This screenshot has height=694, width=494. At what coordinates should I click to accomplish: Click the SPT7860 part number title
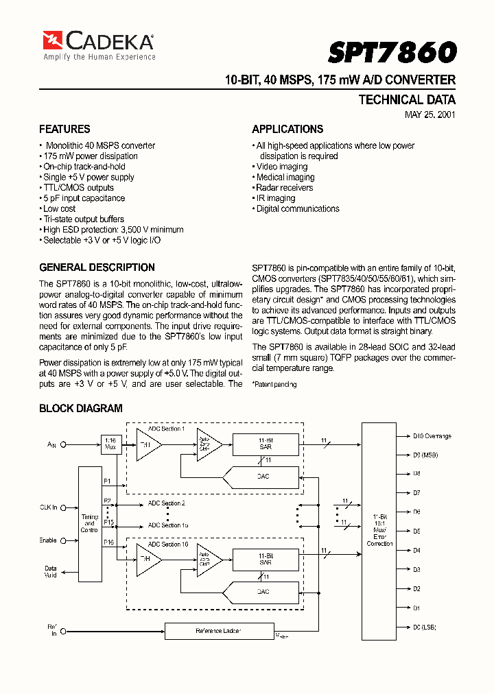[392, 52]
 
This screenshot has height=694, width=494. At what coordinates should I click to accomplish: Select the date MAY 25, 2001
[430, 115]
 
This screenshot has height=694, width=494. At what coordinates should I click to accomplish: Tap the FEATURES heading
[64, 129]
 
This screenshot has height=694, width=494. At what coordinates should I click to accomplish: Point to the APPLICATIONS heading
[287, 129]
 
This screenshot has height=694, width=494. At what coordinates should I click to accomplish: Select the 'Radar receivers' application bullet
[284, 187]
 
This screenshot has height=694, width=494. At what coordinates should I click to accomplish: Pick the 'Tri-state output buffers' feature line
[83, 219]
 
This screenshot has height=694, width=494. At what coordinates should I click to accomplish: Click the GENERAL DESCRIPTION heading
[97, 267]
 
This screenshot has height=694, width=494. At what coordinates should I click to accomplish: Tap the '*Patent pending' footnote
[274, 385]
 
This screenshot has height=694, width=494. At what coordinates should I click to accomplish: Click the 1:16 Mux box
[110, 444]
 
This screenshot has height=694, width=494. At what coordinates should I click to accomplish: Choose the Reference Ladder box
[218, 630]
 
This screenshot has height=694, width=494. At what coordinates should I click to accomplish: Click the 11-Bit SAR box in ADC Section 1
[266, 444]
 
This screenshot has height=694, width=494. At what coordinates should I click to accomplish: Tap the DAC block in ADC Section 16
[263, 591]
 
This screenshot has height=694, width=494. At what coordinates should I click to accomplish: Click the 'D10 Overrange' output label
[432, 435]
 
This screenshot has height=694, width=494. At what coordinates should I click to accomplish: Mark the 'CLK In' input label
[48, 507]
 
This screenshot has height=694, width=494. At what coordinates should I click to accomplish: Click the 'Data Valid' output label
[51, 572]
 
